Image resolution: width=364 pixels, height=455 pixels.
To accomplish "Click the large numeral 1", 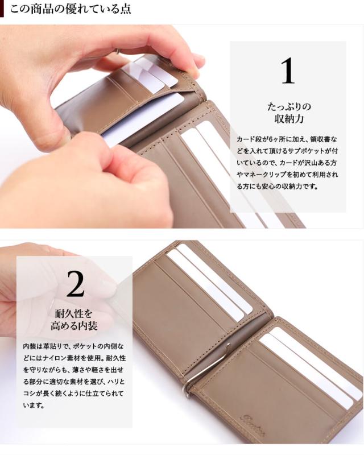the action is [x=288, y=70].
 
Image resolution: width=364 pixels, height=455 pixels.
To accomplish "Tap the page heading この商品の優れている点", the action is [x=71, y=9].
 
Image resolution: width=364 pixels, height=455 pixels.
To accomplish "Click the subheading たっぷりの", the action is [x=289, y=106].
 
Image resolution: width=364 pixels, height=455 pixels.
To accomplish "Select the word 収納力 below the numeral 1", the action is [x=289, y=119].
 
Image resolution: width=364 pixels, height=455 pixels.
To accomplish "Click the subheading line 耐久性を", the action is [x=74, y=314].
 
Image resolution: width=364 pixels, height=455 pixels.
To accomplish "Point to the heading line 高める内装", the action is [x=74, y=326].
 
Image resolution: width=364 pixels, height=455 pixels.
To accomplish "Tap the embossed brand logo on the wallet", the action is [x=253, y=419].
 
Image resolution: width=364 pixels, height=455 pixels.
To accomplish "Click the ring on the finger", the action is [x=119, y=51].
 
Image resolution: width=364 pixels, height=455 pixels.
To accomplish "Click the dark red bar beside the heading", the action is [x=2, y=9].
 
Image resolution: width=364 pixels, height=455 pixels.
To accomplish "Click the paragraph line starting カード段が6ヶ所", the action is [x=287, y=139].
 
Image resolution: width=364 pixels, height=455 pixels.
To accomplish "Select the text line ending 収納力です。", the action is [x=277, y=187].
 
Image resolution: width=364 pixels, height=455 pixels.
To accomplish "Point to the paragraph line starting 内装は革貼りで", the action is [x=73, y=346].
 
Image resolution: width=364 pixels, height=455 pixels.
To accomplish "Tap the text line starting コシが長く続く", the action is [x=73, y=394].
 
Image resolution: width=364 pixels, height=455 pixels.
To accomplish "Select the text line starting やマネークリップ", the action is [x=287, y=175].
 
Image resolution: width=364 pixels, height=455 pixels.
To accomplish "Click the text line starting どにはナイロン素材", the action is [x=75, y=358].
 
